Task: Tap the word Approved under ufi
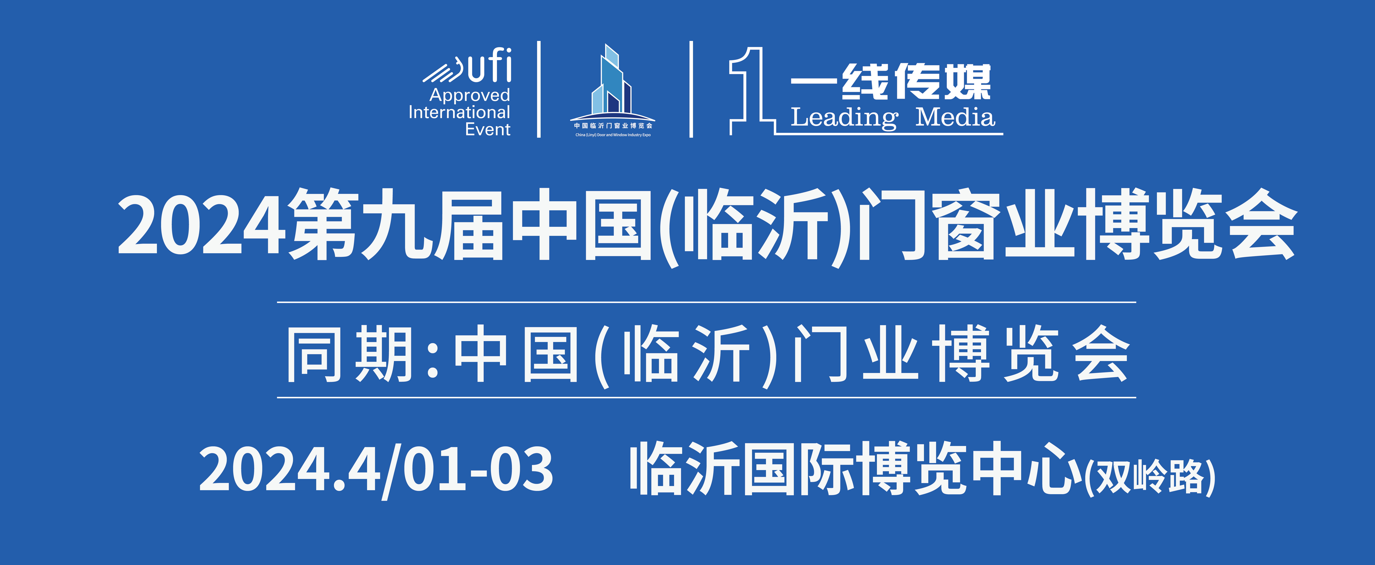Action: tap(470, 95)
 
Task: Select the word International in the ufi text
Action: tap(459, 112)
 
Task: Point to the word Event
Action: tap(487, 129)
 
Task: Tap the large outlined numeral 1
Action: tap(750, 91)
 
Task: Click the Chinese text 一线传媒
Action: tap(890, 82)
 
